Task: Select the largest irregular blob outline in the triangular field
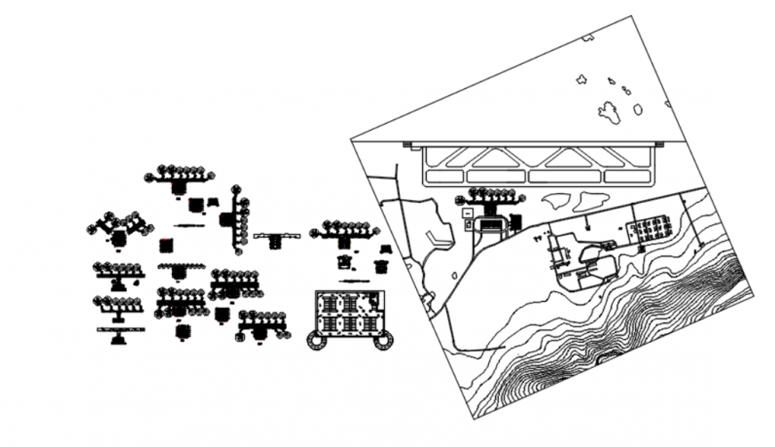tap(608, 111)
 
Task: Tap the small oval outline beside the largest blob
tap(638, 110)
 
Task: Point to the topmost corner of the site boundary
tap(631, 15)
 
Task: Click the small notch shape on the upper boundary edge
tap(587, 37)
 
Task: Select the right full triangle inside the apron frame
tap(571, 158)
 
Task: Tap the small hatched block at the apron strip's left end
tap(408, 143)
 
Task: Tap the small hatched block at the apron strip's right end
tap(660, 143)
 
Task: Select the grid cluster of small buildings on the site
tap(651, 229)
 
